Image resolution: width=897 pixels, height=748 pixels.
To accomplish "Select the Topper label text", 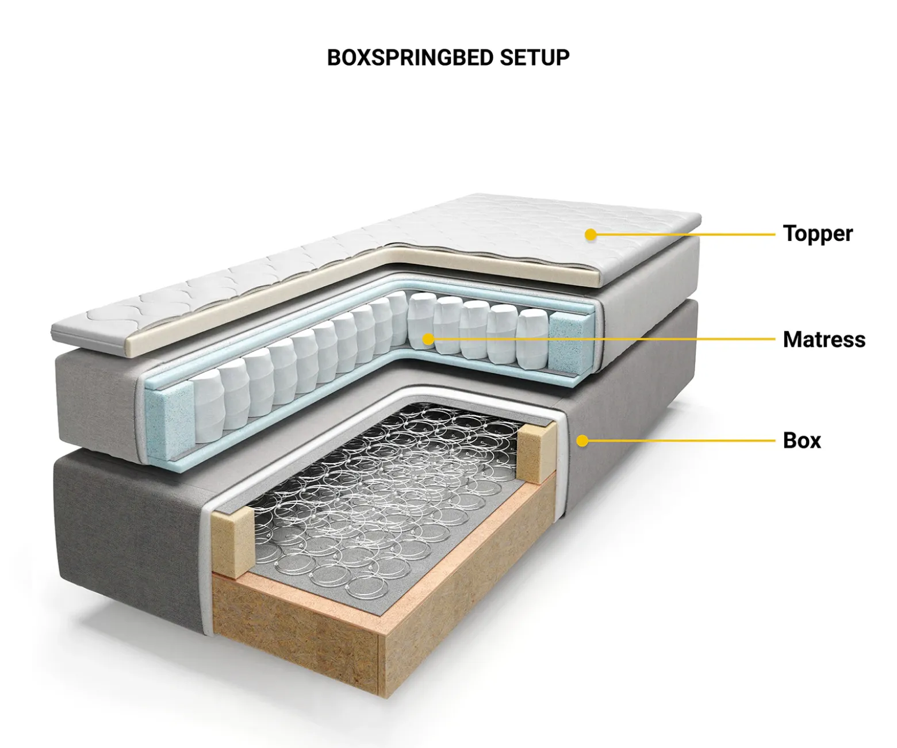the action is [x=818, y=235].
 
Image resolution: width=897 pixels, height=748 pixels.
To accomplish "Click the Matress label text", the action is [x=824, y=339].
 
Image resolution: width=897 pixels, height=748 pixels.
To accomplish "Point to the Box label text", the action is [x=802, y=440].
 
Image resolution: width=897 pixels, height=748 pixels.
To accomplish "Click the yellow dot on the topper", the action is [x=591, y=235].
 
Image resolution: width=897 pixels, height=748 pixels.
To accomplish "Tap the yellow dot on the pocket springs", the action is [x=428, y=339].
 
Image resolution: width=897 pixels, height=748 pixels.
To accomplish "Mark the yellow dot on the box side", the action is [x=582, y=440].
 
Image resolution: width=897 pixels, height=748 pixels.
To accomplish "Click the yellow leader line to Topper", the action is [x=683, y=235].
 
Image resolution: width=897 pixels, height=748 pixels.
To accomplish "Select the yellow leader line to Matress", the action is [x=601, y=339].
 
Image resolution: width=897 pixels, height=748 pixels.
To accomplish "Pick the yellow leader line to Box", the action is [x=678, y=440].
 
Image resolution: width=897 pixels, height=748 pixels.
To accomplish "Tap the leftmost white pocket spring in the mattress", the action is [x=208, y=412].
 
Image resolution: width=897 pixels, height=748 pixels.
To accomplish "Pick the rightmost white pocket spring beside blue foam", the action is [x=533, y=337].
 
